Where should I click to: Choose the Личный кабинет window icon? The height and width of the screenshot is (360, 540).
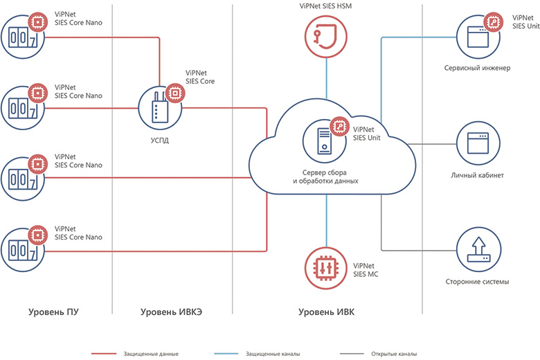pyautogui.click(x=476, y=143)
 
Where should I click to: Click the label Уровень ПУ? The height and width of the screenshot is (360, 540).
pyautogui.click(x=53, y=312)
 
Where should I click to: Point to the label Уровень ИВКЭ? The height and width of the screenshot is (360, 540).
pyautogui.click(x=171, y=312)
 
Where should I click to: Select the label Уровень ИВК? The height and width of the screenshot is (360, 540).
pyautogui.click(x=326, y=312)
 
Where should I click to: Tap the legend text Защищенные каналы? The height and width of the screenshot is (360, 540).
pyautogui.click(x=273, y=354)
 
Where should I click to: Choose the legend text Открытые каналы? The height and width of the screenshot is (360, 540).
pyautogui.click(x=395, y=354)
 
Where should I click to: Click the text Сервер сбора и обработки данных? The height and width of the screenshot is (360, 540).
pyautogui.click(x=325, y=176)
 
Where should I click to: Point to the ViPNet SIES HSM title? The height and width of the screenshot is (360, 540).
pyautogui.click(x=324, y=6)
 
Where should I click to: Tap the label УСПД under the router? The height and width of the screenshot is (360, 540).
pyautogui.click(x=159, y=140)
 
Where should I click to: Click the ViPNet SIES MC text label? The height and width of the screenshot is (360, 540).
pyautogui.click(x=366, y=269)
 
